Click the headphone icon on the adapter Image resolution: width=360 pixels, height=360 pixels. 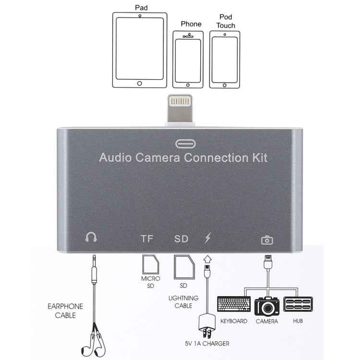(91, 237)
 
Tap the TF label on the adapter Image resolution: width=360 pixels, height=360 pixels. (147, 239)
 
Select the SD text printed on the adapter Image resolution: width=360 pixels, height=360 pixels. (181, 239)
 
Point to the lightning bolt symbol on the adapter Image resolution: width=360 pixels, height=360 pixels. (208, 238)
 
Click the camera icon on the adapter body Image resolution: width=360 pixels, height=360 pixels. (267, 240)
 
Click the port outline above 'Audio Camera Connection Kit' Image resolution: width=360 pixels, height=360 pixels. (185, 144)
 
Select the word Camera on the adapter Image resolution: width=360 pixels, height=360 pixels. (157, 158)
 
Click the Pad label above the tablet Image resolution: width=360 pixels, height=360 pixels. (141, 8)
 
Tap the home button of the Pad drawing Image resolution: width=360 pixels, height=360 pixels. (140, 84)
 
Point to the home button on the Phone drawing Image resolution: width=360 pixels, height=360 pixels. (188, 85)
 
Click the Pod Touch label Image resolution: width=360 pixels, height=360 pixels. (226, 21)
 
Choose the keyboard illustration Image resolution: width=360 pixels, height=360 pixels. (234, 304)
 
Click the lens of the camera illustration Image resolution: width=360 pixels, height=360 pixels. (267, 308)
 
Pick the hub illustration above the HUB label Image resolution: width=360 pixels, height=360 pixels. (298, 304)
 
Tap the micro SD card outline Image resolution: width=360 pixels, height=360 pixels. (150, 264)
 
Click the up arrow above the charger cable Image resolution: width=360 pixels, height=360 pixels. (207, 259)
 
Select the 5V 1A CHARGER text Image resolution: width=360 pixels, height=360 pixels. (207, 344)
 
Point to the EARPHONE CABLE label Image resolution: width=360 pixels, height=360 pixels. (65, 311)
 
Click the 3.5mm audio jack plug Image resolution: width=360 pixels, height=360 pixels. (94, 269)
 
